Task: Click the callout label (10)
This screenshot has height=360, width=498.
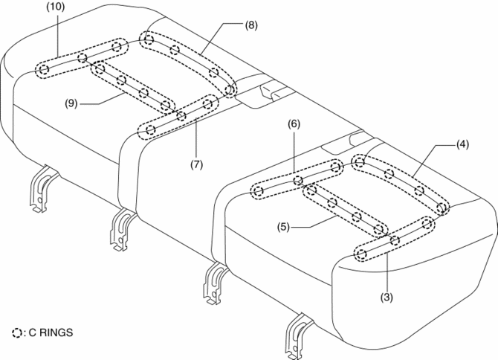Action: click(56, 7)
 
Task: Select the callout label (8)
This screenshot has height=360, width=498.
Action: click(251, 25)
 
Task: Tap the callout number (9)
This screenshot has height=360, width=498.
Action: click(71, 103)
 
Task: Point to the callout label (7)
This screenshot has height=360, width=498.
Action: click(196, 164)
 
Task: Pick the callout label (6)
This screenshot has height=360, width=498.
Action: click(294, 123)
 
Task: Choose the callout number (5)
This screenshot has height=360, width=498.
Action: click(283, 227)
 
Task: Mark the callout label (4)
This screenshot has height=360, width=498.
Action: click(462, 144)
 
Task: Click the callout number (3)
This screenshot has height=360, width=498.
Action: click(387, 298)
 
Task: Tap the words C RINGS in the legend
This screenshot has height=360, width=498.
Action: click(51, 332)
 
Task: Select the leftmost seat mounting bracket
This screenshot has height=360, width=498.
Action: click(43, 187)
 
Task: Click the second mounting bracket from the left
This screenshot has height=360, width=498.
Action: click(123, 229)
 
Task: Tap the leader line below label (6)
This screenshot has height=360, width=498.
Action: click(294, 150)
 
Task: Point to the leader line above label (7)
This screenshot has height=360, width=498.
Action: click(196, 138)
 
